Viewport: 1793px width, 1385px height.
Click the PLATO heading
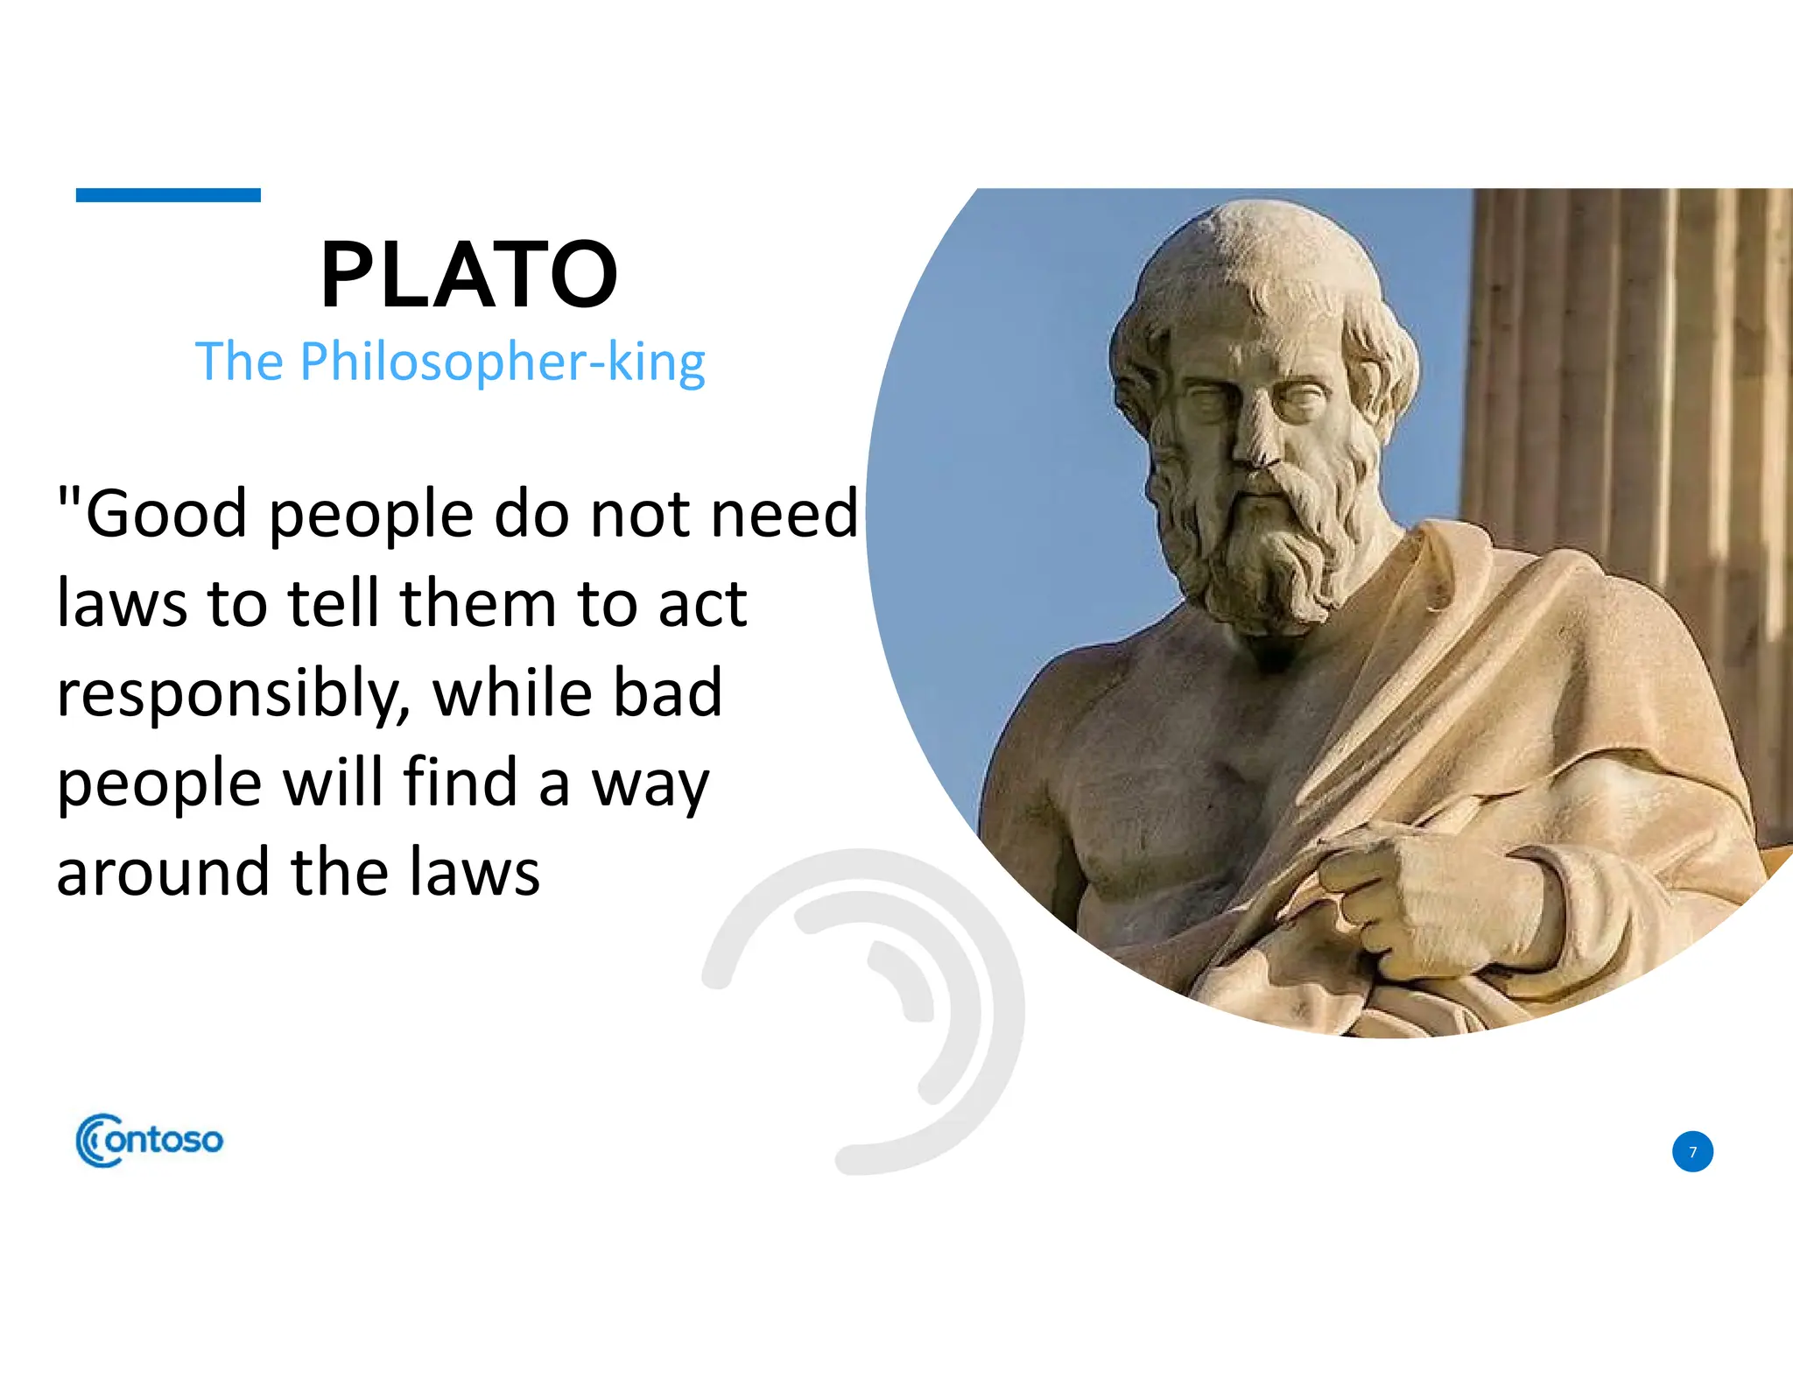click(469, 275)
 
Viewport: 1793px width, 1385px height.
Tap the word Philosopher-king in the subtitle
click(503, 362)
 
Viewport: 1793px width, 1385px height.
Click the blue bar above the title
click(168, 195)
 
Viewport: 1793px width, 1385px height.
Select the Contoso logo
click(150, 1140)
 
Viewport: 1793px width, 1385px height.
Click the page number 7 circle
click(1692, 1151)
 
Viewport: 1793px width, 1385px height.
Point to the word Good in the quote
click(166, 514)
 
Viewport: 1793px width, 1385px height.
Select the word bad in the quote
click(667, 692)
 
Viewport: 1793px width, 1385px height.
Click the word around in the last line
click(163, 873)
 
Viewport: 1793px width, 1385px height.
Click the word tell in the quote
click(336, 603)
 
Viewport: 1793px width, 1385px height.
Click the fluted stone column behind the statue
click(1628, 394)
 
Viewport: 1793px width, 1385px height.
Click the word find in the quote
click(460, 782)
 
